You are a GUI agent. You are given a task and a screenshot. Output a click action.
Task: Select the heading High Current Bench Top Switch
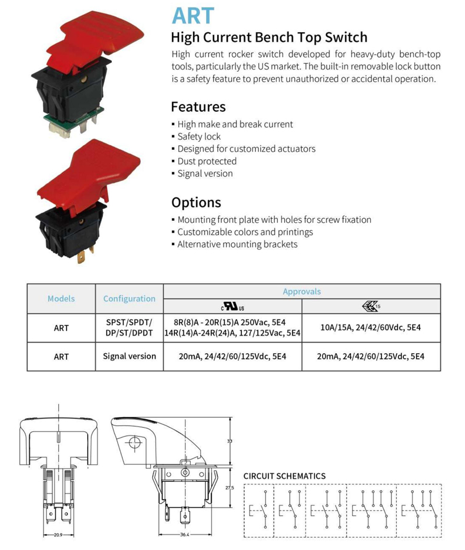tap(268, 38)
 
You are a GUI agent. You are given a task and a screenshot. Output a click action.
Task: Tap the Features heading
tap(198, 107)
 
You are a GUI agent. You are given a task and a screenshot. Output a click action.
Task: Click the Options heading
tap(196, 203)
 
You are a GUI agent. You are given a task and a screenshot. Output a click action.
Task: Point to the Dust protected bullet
tap(207, 161)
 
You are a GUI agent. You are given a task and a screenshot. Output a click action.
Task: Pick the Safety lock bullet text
tap(199, 136)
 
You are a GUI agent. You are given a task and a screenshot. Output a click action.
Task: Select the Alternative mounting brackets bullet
tap(237, 244)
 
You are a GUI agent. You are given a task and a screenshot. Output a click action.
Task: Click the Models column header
tap(61, 299)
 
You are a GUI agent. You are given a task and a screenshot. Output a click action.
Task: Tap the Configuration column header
tap(129, 299)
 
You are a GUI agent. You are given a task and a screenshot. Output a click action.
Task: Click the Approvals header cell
tap(302, 291)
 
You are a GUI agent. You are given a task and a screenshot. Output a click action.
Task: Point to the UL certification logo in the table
tap(232, 307)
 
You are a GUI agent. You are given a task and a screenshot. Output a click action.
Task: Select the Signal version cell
tap(129, 356)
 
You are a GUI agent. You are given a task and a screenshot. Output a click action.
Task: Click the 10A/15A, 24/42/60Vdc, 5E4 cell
tap(371, 328)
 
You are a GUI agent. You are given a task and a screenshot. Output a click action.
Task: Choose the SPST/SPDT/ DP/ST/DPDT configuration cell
tap(129, 328)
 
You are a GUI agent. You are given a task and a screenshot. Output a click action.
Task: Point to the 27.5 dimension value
tap(230, 488)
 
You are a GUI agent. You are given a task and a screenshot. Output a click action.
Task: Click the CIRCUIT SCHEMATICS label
tap(284, 476)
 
